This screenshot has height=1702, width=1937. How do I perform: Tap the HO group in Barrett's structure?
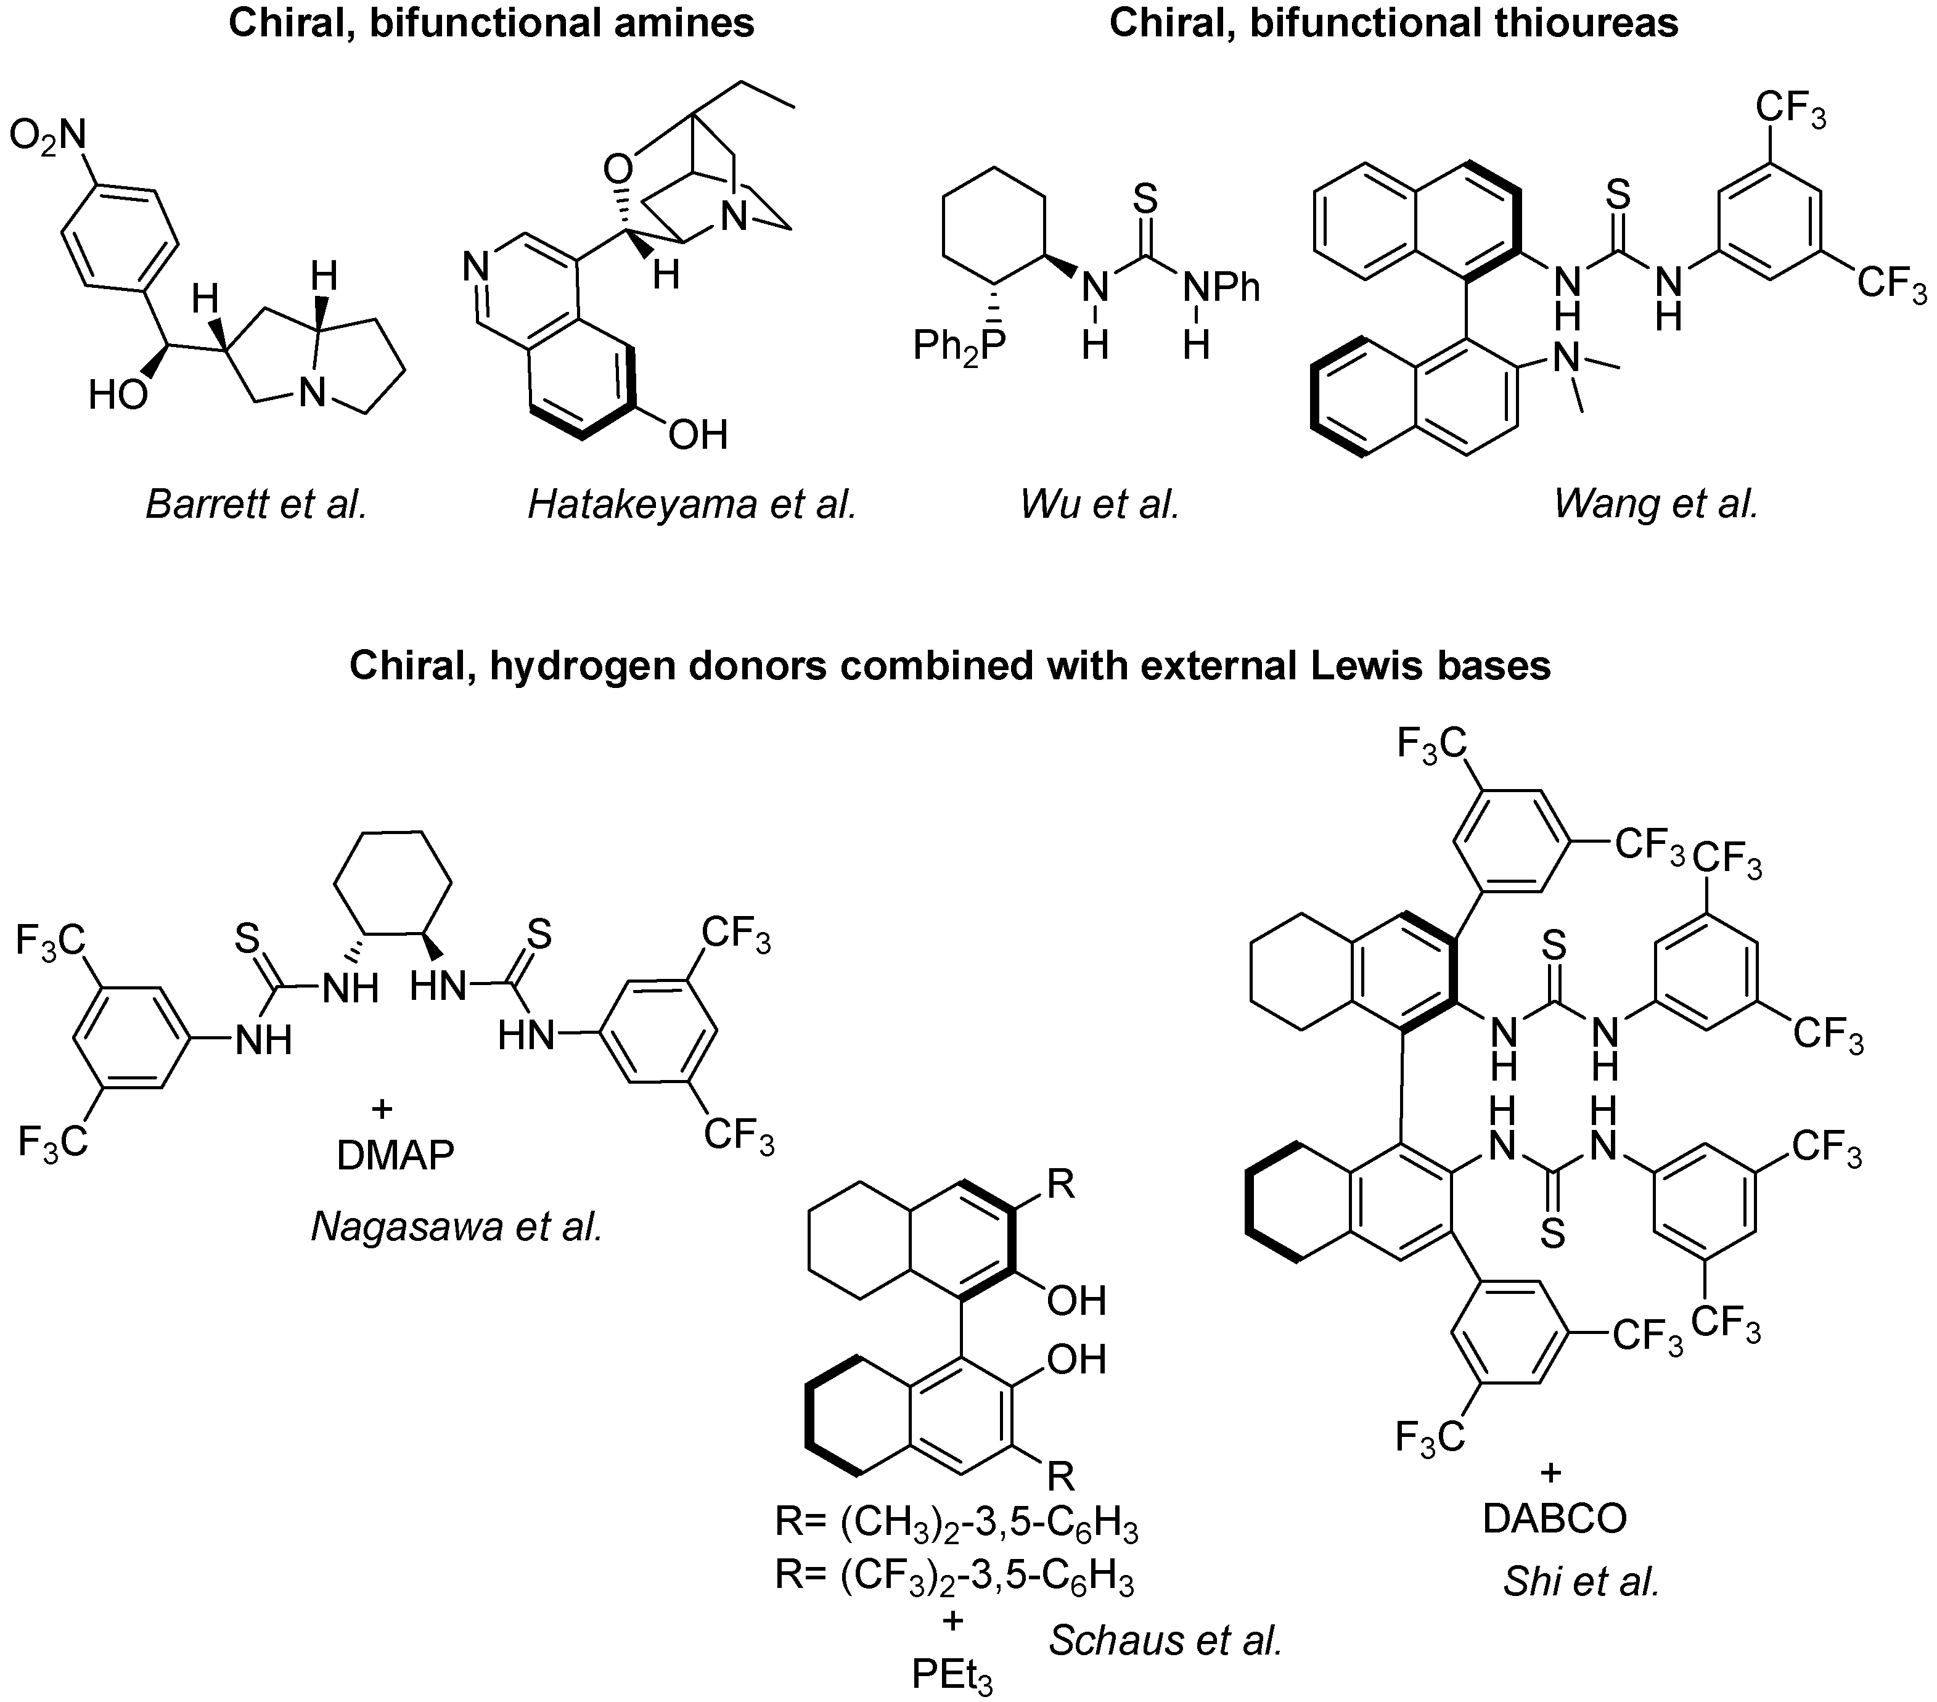coord(118,395)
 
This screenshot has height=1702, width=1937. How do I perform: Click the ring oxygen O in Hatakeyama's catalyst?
coord(617,171)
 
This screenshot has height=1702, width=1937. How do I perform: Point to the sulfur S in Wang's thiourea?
coord(1619,196)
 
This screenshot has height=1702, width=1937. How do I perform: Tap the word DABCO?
coord(1554,1518)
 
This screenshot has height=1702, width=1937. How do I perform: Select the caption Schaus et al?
coord(1166,1640)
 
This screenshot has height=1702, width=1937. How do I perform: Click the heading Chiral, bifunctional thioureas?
coord(1393,23)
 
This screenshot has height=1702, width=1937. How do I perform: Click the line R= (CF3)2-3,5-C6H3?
coord(954,1575)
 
